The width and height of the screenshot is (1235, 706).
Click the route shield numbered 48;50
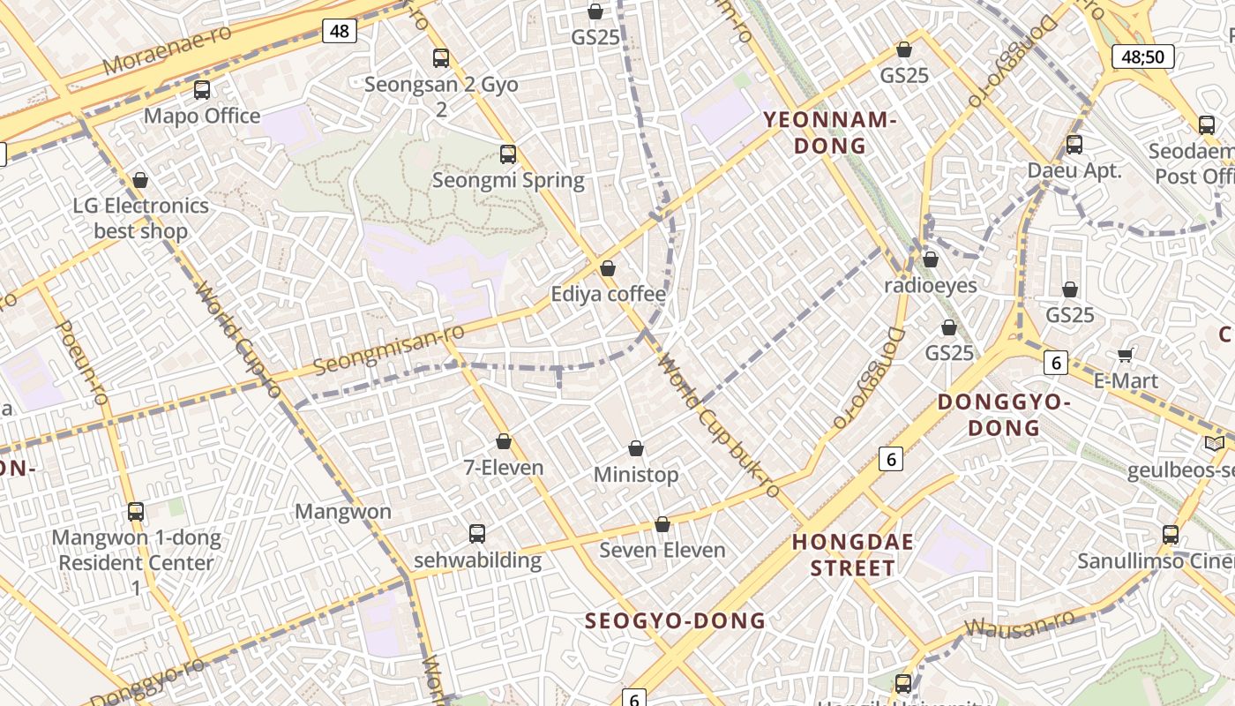click(x=1143, y=57)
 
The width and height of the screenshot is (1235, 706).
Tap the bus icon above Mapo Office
click(x=202, y=90)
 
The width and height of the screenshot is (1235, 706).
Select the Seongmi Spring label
click(x=508, y=181)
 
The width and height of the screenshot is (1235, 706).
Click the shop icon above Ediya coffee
click(x=608, y=268)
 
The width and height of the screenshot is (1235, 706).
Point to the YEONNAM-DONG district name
click(x=829, y=133)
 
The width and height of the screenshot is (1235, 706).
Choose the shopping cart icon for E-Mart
click(x=1125, y=355)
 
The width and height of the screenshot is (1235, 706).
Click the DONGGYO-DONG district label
click(x=1003, y=415)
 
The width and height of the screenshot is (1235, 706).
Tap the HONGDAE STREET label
click(x=852, y=554)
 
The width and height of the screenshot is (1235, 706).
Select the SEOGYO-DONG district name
click(x=676, y=620)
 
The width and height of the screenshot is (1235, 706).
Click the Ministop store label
click(x=636, y=475)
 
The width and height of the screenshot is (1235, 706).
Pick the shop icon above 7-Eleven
click(x=504, y=441)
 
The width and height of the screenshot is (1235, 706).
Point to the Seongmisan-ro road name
click(x=389, y=348)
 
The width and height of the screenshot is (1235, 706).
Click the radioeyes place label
click(x=931, y=285)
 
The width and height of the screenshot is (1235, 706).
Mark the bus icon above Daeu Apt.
click(x=1074, y=145)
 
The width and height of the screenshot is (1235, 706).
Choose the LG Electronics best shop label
click(x=141, y=218)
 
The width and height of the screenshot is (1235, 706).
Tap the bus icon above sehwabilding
click(x=477, y=534)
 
